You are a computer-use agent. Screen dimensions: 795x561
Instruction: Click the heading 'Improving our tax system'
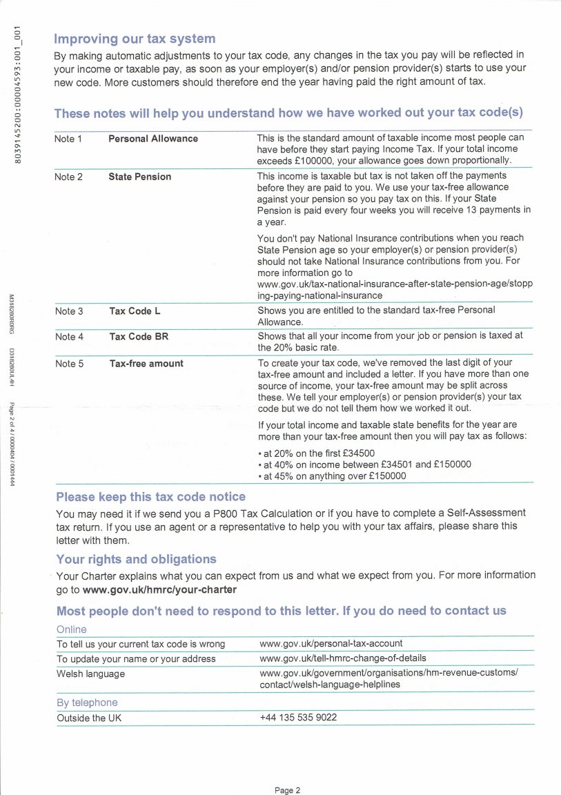pyautogui.click(x=135, y=39)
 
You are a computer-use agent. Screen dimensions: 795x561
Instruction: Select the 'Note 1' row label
pyautogui.click(x=68, y=139)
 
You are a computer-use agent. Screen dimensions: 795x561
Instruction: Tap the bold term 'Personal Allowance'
pyautogui.click(x=153, y=139)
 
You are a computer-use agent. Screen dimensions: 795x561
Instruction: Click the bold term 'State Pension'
pyautogui.click(x=139, y=177)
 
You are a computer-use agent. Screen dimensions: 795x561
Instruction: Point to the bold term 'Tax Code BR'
pyautogui.click(x=139, y=337)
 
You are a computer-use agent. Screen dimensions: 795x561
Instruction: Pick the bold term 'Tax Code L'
pyautogui.click(x=135, y=311)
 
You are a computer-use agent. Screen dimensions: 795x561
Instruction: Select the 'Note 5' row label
pyautogui.click(x=69, y=364)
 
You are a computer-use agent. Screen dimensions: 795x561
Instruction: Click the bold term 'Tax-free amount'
pyautogui.click(x=146, y=364)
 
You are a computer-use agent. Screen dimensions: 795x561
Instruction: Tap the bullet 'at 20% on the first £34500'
pyautogui.click(x=318, y=453)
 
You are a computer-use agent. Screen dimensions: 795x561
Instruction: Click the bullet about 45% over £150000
pyautogui.click(x=333, y=476)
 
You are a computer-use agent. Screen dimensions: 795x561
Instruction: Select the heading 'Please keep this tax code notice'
pyautogui.click(x=150, y=497)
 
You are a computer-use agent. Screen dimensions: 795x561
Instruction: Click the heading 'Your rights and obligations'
pyautogui.click(x=136, y=559)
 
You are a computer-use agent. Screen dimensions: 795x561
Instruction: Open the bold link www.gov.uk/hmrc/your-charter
pyautogui.click(x=159, y=589)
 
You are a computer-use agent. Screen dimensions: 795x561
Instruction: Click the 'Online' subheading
pyautogui.click(x=71, y=629)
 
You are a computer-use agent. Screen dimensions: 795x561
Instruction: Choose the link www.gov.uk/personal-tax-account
pyautogui.click(x=331, y=644)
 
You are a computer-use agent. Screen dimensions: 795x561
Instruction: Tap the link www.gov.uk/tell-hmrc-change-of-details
pyautogui.click(x=343, y=658)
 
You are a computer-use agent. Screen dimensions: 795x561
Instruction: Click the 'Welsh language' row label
pyautogui.click(x=90, y=674)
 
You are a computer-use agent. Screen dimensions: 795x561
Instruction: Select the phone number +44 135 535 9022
pyautogui.click(x=298, y=718)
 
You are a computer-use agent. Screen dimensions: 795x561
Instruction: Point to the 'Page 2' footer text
pyautogui.click(x=288, y=791)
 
